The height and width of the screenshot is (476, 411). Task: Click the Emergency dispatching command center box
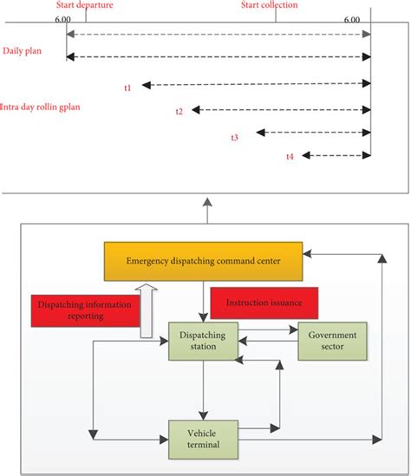coord(202,261)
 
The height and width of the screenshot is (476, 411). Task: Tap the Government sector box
coord(333,342)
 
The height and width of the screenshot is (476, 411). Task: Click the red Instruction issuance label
coord(271,303)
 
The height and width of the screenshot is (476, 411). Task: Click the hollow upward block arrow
coord(150,307)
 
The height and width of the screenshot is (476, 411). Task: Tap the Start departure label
coord(84,5)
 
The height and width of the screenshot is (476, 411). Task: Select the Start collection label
coord(269,5)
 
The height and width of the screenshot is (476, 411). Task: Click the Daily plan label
coord(20,51)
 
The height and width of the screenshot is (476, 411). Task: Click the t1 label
coord(127,88)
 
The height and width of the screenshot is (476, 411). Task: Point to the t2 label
coord(179,112)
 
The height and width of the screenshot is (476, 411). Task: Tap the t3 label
coord(235,137)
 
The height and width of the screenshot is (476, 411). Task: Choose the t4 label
coord(290,157)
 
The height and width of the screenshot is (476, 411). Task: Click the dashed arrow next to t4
coord(335,156)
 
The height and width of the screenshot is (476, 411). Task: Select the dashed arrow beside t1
coord(256,84)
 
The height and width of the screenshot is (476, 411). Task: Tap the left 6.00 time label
coord(62,19)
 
